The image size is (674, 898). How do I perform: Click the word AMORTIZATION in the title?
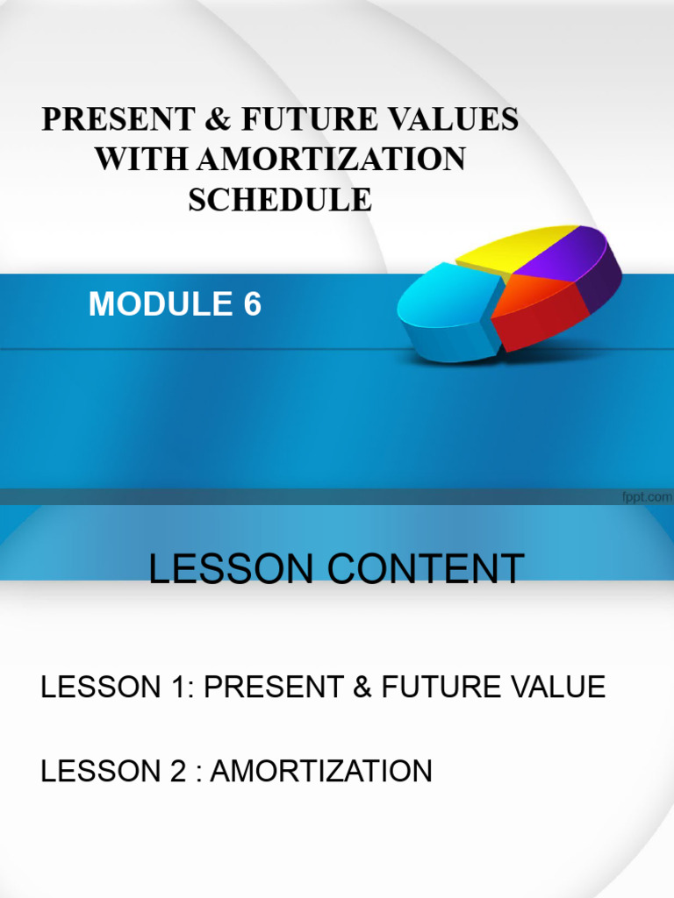333,160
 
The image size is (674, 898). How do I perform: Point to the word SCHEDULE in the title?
280,199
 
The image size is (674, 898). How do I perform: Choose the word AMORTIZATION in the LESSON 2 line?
321,772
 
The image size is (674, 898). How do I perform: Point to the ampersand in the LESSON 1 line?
361,687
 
